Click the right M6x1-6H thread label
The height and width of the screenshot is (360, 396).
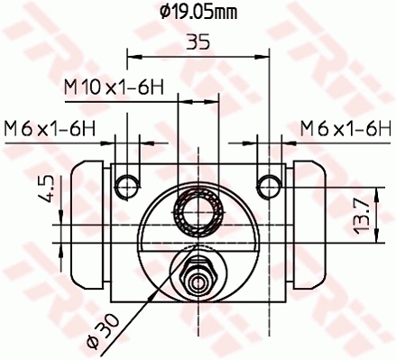[x=345, y=127]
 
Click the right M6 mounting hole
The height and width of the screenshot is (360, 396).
[x=268, y=186]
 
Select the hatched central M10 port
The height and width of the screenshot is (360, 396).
[x=198, y=214]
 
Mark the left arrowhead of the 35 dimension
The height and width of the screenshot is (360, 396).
[x=133, y=57]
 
